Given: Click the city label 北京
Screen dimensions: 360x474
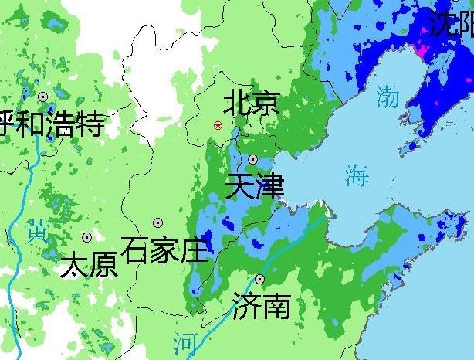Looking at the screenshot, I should point(251,103).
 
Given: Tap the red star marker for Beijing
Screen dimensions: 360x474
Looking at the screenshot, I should point(218,124).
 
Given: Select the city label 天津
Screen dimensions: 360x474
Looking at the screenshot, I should point(254,186).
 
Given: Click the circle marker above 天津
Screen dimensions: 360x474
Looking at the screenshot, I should point(252,159).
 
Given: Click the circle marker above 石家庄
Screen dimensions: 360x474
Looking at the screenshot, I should point(157,222).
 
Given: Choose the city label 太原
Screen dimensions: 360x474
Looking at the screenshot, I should point(89,265).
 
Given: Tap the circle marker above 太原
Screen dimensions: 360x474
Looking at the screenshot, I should point(86,237).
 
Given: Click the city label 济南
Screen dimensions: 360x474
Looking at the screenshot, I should point(262,306).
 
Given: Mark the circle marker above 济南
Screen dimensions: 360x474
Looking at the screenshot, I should point(260,279).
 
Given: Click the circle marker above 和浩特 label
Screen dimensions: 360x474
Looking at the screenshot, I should point(43,97).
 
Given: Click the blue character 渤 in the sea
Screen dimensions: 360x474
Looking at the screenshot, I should point(388,96).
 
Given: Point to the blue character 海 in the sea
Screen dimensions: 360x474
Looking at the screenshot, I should point(357,175).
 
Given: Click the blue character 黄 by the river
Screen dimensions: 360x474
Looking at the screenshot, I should point(36,230).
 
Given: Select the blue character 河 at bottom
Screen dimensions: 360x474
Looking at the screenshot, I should point(185,341).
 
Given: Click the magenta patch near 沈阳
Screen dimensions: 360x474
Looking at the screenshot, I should point(422,50).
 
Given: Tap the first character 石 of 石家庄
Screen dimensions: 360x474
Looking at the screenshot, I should point(137,250).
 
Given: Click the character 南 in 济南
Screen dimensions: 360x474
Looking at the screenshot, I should point(276,306).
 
